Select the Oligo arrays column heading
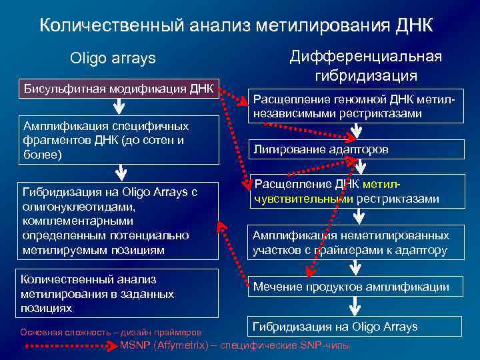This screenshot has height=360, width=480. pyautogui.click(x=113, y=59)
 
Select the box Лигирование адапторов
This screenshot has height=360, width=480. pyautogui.click(x=356, y=149)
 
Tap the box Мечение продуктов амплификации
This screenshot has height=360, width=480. pyautogui.click(x=356, y=287)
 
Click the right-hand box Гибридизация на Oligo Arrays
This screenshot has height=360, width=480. pyautogui.click(x=356, y=326)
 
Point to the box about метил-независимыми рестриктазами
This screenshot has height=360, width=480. pyautogui.click(x=356, y=107)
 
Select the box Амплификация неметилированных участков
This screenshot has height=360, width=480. pyautogui.click(x=356, y=243)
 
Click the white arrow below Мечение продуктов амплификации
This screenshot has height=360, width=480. pyautogui.click(x=356, y=306)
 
